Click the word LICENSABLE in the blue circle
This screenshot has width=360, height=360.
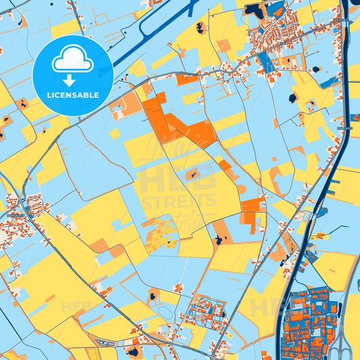72,95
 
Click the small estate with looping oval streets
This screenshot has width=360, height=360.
206,311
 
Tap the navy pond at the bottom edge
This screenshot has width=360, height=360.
132,352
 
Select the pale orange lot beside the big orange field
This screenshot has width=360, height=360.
125,105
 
